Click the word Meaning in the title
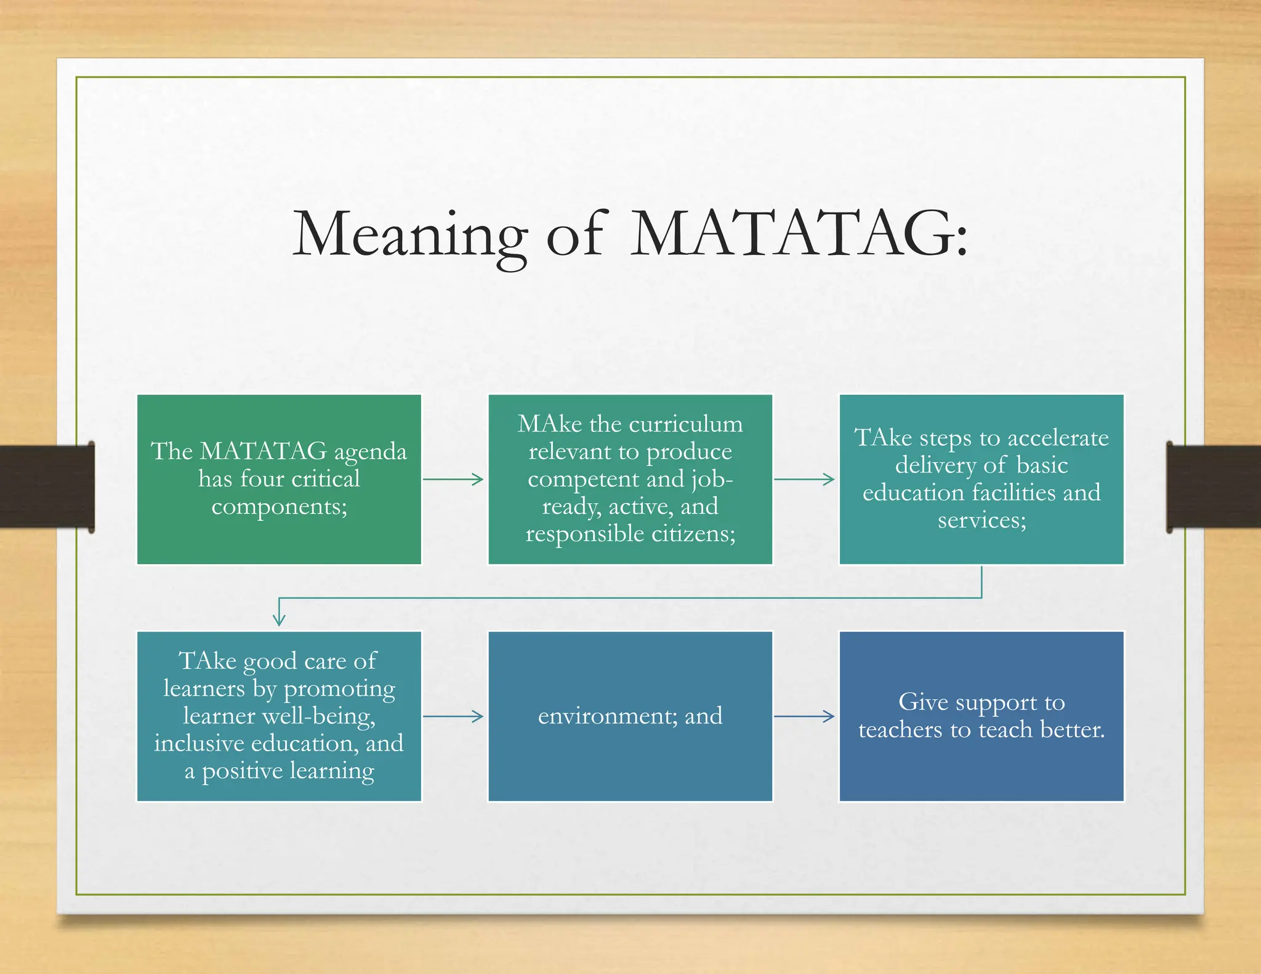pos(409,235)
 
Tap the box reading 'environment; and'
pos(630,716)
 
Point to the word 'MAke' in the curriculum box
pos(549,424)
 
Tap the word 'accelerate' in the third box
pos(1057,438)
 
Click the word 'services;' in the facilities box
pos(981,520)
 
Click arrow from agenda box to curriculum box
pos(454,479)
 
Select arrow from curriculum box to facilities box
pos(805,479)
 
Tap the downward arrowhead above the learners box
pos(279,619)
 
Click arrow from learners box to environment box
pos(454,716)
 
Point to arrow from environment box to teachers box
pos(805,716)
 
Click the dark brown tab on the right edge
pos(1213,486)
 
